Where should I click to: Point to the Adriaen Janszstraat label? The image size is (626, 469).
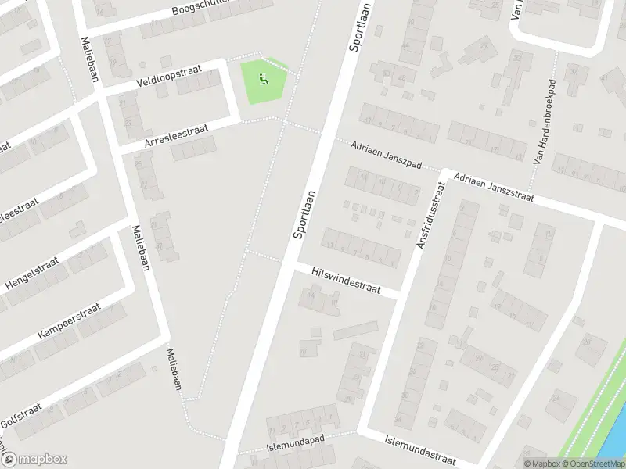point(493,187)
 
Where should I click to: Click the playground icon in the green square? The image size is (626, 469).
point(263,77)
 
